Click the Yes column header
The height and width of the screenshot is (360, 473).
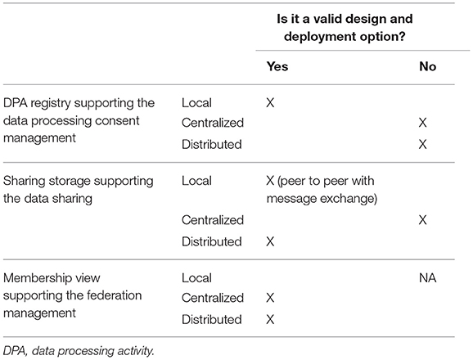pos(277,66)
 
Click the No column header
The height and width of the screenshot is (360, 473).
pos(427,66)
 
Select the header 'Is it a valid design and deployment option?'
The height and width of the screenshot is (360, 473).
pos(345,28)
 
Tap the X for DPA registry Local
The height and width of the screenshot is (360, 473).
pos(270,103)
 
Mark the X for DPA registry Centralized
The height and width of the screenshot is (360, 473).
pos(423,123)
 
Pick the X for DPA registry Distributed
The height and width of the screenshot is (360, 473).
pos(423,145)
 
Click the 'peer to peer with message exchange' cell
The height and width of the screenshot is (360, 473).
pos(322,190)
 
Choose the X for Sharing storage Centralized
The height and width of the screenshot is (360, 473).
pos(423,220)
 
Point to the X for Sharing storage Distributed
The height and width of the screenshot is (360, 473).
pos(270,241)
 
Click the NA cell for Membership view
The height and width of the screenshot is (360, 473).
pos(428,278)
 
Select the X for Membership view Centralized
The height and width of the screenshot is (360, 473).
pos(270,298)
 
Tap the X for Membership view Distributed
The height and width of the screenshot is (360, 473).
pos(270,320)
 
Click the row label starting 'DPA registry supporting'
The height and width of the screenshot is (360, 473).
pos(79,120)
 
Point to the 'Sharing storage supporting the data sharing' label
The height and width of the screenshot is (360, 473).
pos(78,190)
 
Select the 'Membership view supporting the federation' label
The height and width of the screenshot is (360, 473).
pos(72,295)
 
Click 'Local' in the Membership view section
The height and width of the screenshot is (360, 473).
pos(196,278)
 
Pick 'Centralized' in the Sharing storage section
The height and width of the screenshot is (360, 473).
pos(213,220)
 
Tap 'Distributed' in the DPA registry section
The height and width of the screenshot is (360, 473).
pos(212,145)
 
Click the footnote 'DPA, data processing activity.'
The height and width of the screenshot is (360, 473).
pos(79,351)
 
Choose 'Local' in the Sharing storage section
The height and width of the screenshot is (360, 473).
pos(196,181)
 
